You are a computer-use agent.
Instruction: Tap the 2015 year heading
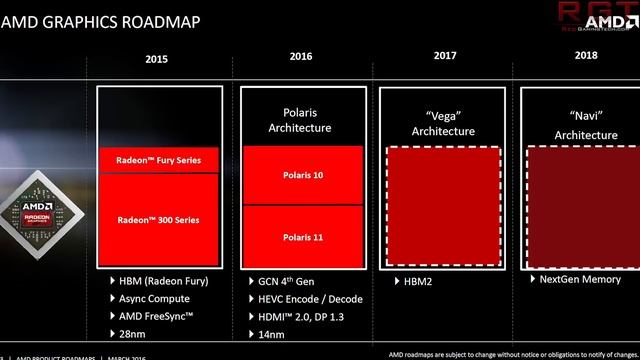(156, 59)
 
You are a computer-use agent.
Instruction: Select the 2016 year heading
(301, 58)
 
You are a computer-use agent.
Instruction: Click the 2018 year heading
(586, 56)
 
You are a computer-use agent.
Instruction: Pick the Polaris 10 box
(301, 174)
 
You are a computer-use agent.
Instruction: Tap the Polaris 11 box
(301, 236)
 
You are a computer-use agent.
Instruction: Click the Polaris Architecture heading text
(301, 120)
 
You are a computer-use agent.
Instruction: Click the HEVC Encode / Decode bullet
(309, 298)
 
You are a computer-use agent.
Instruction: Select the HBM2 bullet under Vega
(415, 282)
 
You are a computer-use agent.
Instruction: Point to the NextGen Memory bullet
(581, 281)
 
